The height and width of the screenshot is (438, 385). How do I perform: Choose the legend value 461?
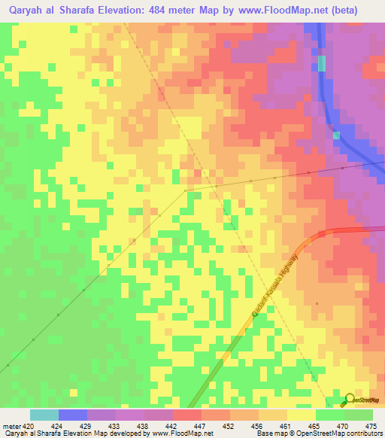click(x=285, y=426)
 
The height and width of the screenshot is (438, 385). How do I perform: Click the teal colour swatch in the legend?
click(x=44, y=415)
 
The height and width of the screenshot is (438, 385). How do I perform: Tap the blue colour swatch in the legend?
click(x=73, y=415)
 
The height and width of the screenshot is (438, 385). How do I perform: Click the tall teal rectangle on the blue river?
click(x=323, y=63)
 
